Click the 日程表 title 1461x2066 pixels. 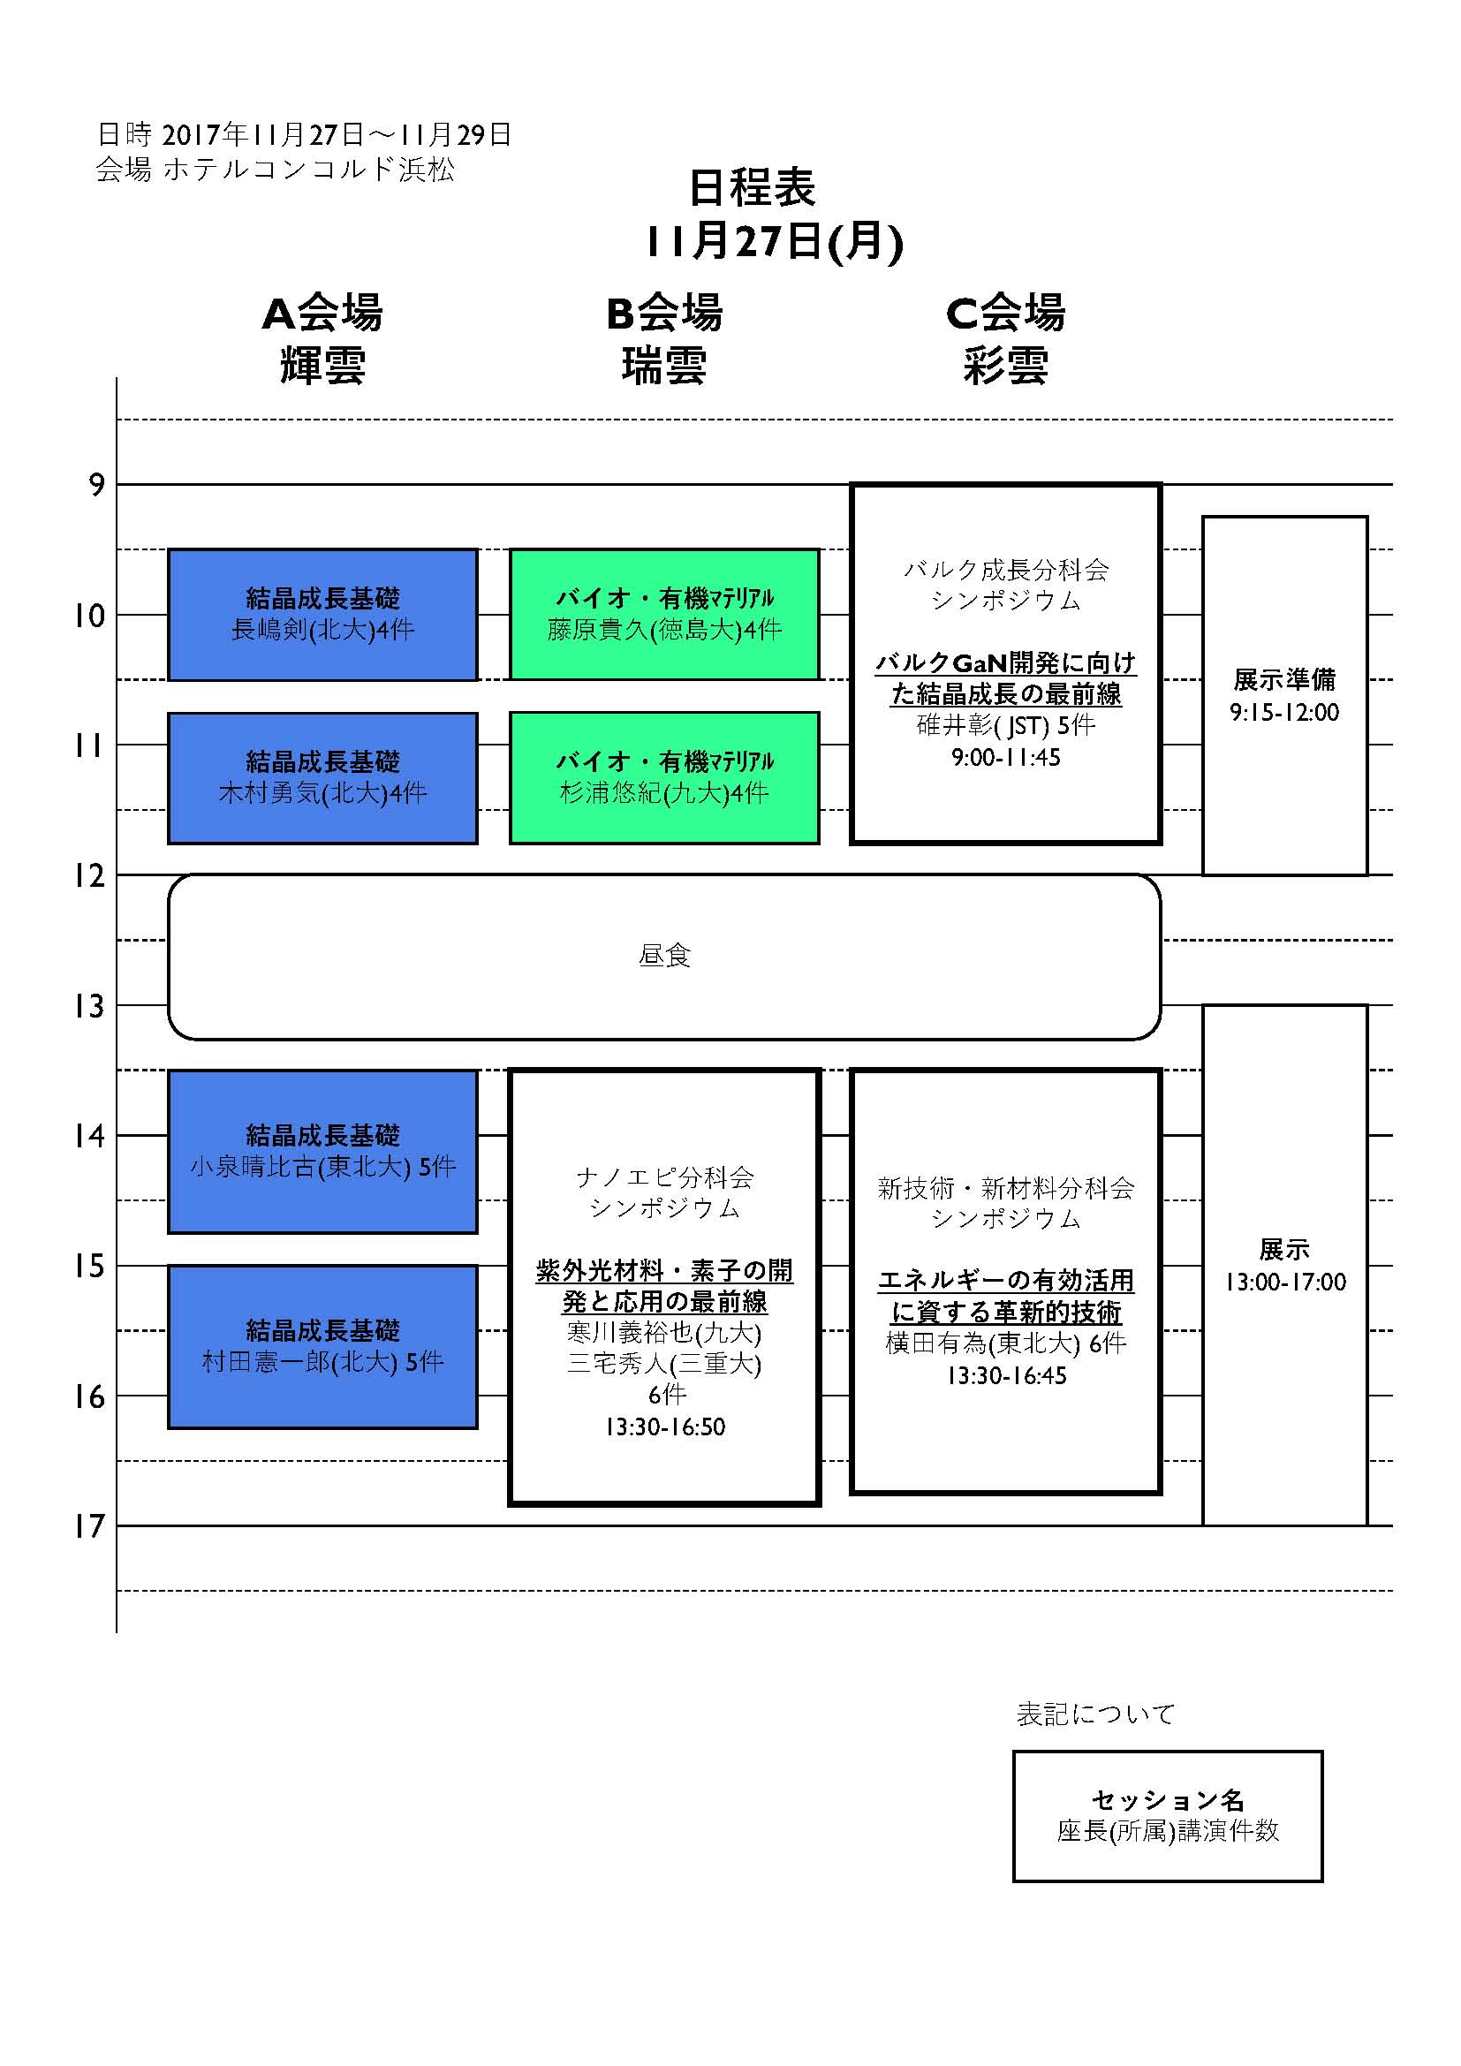coord(752,187)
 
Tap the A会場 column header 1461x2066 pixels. coord(323,314)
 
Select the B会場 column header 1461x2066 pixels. coord(664,314)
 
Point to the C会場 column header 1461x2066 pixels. coord(1006,314)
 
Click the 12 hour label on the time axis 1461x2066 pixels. coord(90,875)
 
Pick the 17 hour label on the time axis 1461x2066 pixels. coord(90,1526)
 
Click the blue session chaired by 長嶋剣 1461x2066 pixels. coord(323,615)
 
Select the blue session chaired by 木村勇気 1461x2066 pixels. coord(323,778)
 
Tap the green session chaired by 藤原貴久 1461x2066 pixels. coord(665,615)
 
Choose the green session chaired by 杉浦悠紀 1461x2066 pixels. coord(665,778)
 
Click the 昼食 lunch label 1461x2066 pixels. coord(665,956)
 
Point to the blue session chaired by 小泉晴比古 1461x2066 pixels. coord(323,1152)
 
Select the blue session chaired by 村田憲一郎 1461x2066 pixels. coord(323,1347)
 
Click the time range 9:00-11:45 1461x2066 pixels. coord(1006,758)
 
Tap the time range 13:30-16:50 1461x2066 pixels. coord(665,1427)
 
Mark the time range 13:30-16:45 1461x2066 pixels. coord(1006,1376)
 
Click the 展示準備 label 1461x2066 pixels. coord(1284,679)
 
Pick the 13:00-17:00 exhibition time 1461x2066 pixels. coord(1284,1283)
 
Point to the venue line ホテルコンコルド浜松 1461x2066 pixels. coord(309,170)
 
